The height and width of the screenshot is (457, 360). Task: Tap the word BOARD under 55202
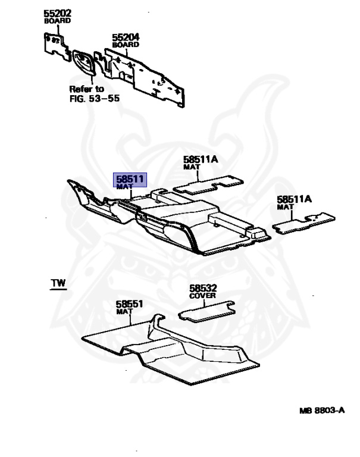coord(57,21)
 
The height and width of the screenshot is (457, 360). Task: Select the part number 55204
coord(126,37)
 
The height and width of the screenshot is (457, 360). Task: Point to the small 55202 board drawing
coord(57,45)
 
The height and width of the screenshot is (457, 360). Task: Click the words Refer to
coord(87,89)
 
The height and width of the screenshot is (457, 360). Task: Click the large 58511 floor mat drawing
coord(173,223)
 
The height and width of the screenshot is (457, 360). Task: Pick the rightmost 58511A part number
coord(294,199)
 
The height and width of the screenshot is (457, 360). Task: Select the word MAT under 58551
coord(124,311)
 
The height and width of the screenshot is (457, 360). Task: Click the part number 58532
coord(204,288)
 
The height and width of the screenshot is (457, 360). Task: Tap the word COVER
coord(203,296)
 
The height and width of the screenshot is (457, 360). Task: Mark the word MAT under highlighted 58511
coord(124,186)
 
